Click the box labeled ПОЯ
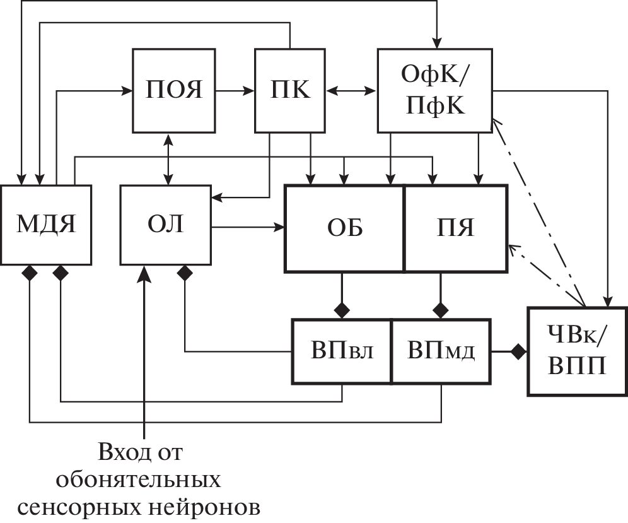(x=174, y=90)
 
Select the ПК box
(x=289, y=90)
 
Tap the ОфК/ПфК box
(x=434, y=90)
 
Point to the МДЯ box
(x=45, y=225)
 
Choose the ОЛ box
(x=166, y=225)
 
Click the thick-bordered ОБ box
(x=344, y=228)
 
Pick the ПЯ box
(x=455, y=228)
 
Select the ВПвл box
(x=342, y=351)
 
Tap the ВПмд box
(x=441, y=351)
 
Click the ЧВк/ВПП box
(x=577, y=351)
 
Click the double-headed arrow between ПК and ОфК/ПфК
(x=351, y=91)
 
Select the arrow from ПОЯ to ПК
(x=235, y=91)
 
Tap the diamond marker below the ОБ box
(x=342, y=309)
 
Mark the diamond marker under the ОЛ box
(x=185, y=273)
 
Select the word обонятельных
(x=139, y=480)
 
